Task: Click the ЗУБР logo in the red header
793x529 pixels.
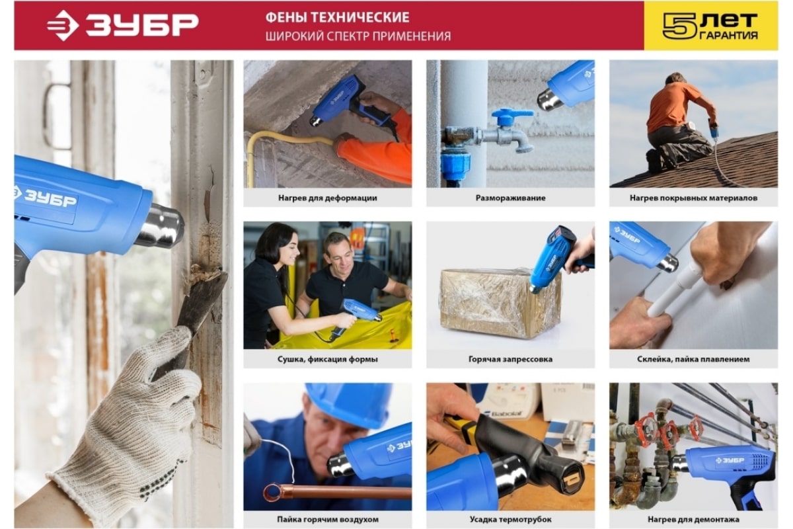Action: point(122,25)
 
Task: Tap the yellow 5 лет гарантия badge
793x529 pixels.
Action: point(710,26)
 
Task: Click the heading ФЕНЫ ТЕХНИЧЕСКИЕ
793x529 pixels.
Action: point(337,17)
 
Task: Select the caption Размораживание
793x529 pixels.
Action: point(510,198)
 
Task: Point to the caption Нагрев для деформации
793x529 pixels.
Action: point(328,198)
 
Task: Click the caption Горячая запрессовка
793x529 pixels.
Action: point(510,359)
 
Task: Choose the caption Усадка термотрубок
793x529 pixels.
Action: point(510,520)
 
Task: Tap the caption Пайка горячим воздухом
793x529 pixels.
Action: point(328,520)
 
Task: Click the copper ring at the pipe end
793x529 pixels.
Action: point(272,492)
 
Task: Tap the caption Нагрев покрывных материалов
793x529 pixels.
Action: point(693,198)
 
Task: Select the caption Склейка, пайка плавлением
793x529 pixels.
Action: point(693,359)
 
